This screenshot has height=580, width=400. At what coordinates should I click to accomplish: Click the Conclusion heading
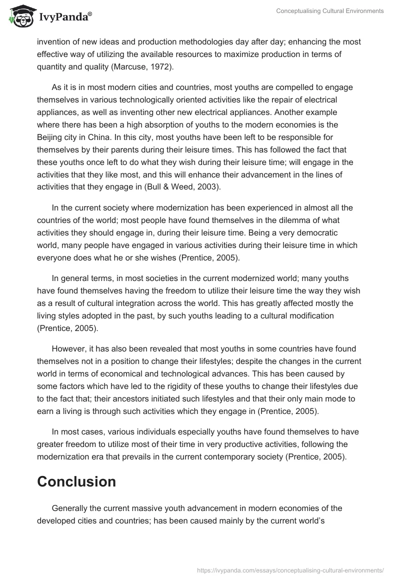76,481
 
